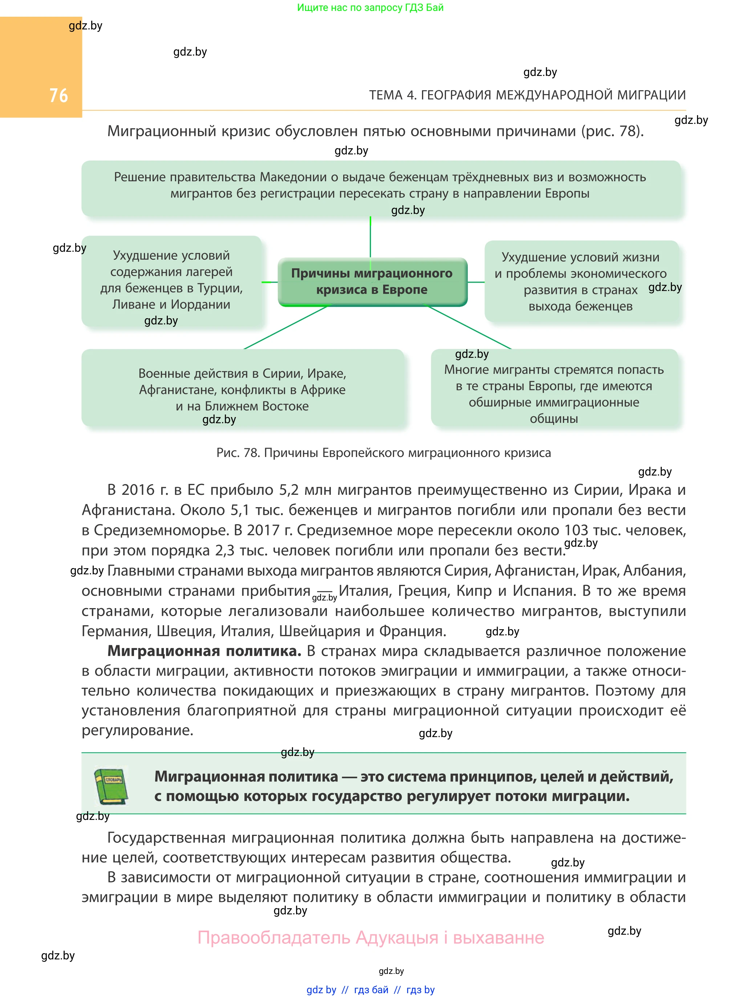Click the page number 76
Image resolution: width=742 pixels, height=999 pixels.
tap(58, 95)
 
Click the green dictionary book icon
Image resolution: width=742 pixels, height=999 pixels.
tap(110, 786)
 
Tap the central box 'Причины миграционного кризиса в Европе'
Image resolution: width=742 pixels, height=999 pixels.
tap(372, 282)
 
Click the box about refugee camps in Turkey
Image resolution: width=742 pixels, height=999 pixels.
tap(171, 280)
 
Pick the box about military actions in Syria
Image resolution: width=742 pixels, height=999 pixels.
tap(242, 389)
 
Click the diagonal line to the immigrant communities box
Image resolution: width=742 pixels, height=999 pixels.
tap(469, 327)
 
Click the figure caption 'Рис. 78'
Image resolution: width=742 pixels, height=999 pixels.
tap(383, 452)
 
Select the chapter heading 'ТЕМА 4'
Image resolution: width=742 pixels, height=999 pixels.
tap(527, 95)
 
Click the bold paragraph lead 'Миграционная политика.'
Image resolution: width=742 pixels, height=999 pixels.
tap(204, 651)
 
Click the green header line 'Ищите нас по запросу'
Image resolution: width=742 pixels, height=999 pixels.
tap(370, 8)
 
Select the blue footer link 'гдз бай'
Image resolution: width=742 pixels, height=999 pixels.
tap(371, 990)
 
